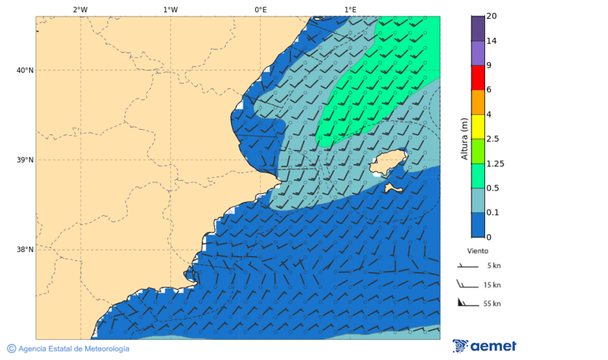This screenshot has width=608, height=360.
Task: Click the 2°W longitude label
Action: click(x=80, y=9)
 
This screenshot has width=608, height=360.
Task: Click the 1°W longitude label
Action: click(x=170, y=9)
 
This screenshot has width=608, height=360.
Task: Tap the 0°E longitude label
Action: click(x=260, y=9)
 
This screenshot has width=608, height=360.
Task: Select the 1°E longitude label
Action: click(x=350, y=9)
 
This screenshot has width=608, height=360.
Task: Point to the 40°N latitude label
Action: click(x=25, y=70)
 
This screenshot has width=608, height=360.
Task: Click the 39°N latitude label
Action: click(x=25, y=160)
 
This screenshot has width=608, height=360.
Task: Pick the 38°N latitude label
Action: click(x=25, y=249)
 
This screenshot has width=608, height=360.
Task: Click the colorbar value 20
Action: click(x=492, y=16)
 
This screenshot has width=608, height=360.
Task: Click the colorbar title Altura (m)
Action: click(x=464, y=138)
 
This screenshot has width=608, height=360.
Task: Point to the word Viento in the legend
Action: click(x=478, y=251)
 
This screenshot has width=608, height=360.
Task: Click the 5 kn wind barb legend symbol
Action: click(x=467, y=266)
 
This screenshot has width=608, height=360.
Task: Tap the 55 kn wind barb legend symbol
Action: click(x=467, y=302)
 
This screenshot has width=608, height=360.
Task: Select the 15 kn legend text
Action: click(x=492, y=285)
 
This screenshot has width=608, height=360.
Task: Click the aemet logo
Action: click(x=484, y=346)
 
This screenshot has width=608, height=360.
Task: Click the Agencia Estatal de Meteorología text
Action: click(x=73, y=349)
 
